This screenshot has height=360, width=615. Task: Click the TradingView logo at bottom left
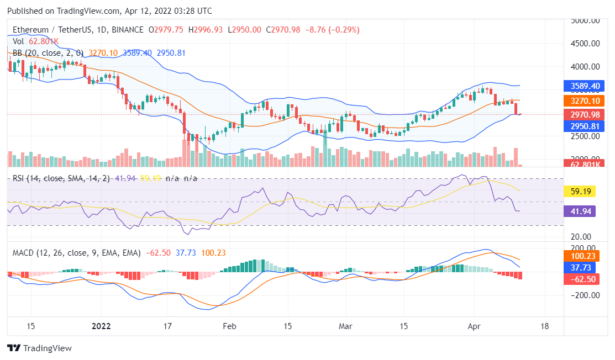click(39, 348)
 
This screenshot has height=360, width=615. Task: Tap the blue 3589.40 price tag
click(584, 86)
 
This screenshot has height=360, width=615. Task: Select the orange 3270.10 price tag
click(584, 101)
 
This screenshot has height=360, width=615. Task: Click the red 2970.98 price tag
click(584, 115)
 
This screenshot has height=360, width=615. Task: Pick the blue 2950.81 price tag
click(584, 126)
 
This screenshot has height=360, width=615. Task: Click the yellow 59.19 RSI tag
click(580, 192)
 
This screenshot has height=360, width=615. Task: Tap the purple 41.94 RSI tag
click(580, 211)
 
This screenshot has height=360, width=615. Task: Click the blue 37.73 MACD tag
click(582, 268)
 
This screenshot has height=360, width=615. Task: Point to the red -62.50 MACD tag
click(582, 279)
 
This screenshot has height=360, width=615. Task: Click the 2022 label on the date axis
click(101, 326)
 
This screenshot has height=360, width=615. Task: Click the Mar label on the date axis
click(345, 326)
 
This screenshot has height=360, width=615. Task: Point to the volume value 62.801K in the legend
click(44, 41)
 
